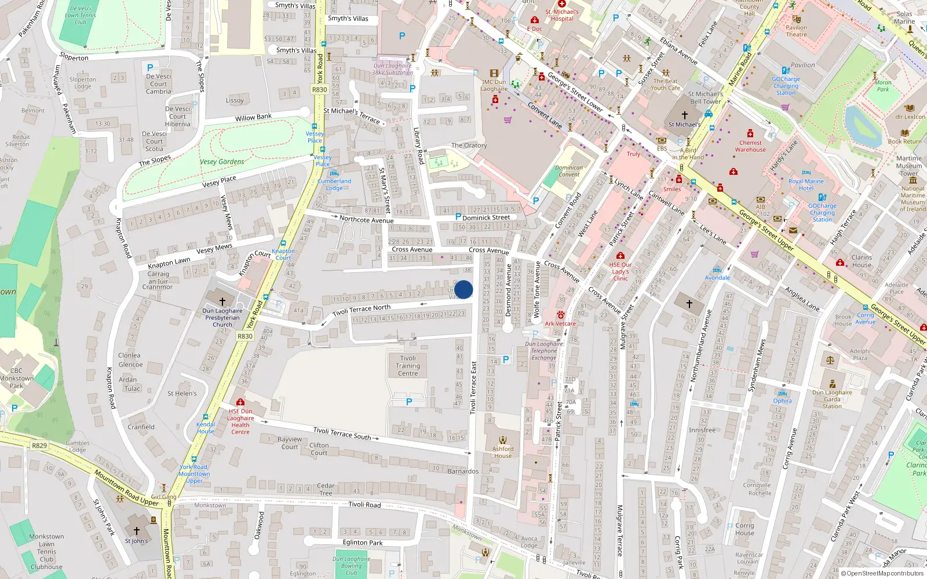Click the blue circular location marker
click(463, 289)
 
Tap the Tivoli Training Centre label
click(408, 366)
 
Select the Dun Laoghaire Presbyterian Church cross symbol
click(222, 301)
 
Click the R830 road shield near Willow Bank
click(319, 89)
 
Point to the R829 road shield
click(39, 445)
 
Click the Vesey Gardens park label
click(222, 162)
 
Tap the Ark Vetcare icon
click(560, 316)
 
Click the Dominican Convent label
click(569, 171)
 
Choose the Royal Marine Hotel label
click(805, 184)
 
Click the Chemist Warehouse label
click(750, 146)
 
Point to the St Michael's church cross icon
click(684, 115)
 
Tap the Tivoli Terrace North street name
click(362, 310)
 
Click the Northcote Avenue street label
click(366, 219)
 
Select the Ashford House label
click(503, 452)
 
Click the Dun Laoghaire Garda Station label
click(832, 399)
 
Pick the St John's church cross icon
click(137, 530)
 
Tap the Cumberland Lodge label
click(334, 184)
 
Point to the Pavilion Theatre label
click(796, 31)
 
